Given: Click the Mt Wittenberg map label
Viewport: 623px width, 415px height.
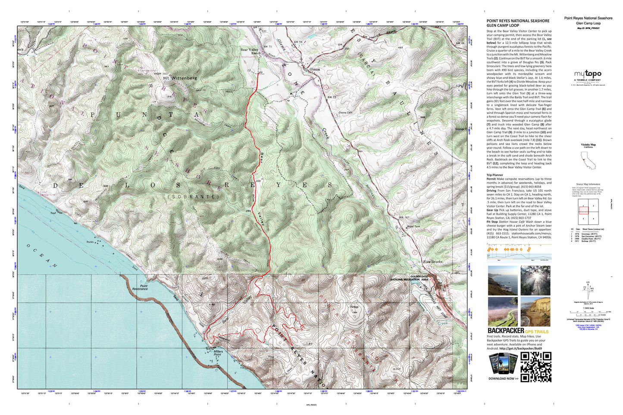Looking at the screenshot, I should pos(180,78).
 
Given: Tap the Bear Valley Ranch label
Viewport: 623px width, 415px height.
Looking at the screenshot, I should pos(250,51).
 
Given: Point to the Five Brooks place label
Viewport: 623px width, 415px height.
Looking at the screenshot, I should pos(432,262).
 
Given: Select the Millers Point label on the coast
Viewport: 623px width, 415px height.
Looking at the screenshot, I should pos(218,353).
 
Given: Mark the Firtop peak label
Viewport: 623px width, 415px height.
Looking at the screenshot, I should pos(354,307).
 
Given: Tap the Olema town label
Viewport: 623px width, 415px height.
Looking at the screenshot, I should pos(314,69).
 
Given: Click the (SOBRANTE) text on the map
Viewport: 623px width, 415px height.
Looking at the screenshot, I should pos(194,197).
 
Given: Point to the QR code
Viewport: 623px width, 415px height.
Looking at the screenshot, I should pos(535,367).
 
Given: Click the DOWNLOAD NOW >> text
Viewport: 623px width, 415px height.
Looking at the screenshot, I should pos(503,379).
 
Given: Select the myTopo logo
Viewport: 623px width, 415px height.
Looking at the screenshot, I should pos(588,75).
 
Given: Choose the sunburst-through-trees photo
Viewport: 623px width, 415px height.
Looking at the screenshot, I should pos(535,280).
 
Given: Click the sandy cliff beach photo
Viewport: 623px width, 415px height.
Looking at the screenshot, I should pos(535,312).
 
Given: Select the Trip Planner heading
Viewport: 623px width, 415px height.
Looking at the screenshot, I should pos(495,175).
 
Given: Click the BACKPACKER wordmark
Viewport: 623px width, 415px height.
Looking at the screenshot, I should pos(506,331).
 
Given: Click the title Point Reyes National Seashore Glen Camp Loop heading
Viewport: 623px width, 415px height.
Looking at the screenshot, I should pos(518,23).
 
